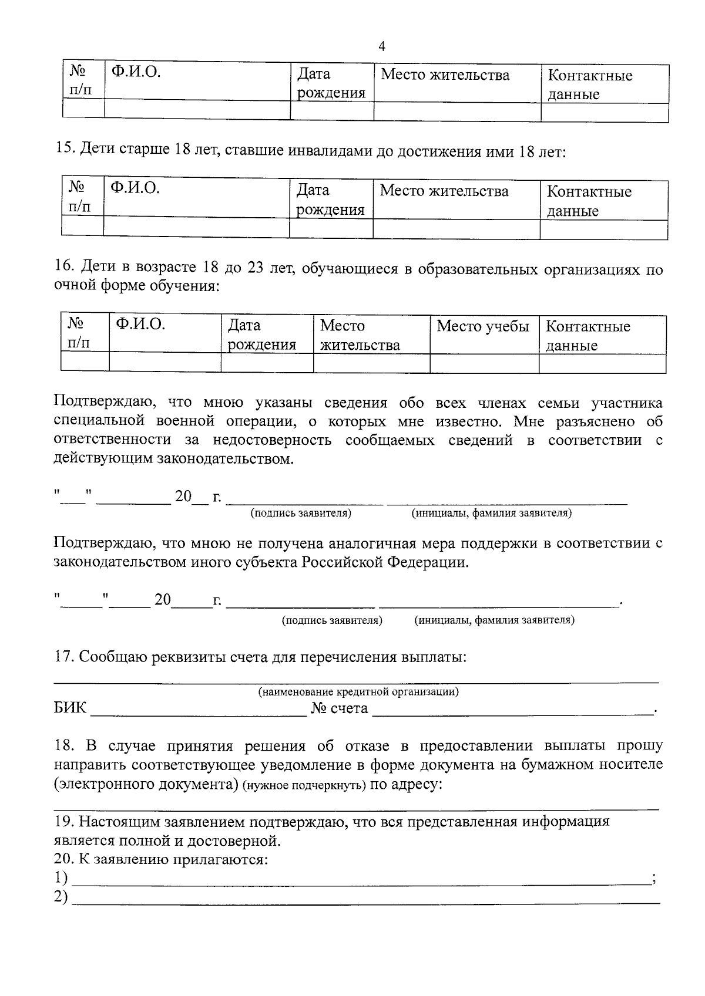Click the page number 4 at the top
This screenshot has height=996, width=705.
pos(382,46)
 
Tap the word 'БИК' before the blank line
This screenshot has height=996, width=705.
pos(70,708)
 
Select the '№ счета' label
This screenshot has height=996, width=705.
pos(340,708)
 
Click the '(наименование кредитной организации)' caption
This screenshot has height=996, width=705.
pos(359,691)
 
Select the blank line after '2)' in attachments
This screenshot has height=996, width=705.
pos(364,899)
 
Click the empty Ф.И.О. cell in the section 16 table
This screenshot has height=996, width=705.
pos(165,363)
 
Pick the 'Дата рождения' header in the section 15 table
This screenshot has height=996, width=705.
pos(330,200)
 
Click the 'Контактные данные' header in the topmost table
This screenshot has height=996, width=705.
pos(590,85)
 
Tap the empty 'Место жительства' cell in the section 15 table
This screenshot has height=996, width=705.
pos(456,229)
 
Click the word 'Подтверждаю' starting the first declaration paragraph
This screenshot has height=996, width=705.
pos(103,403)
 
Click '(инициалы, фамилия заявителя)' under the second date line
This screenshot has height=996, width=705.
pos(494,620)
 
